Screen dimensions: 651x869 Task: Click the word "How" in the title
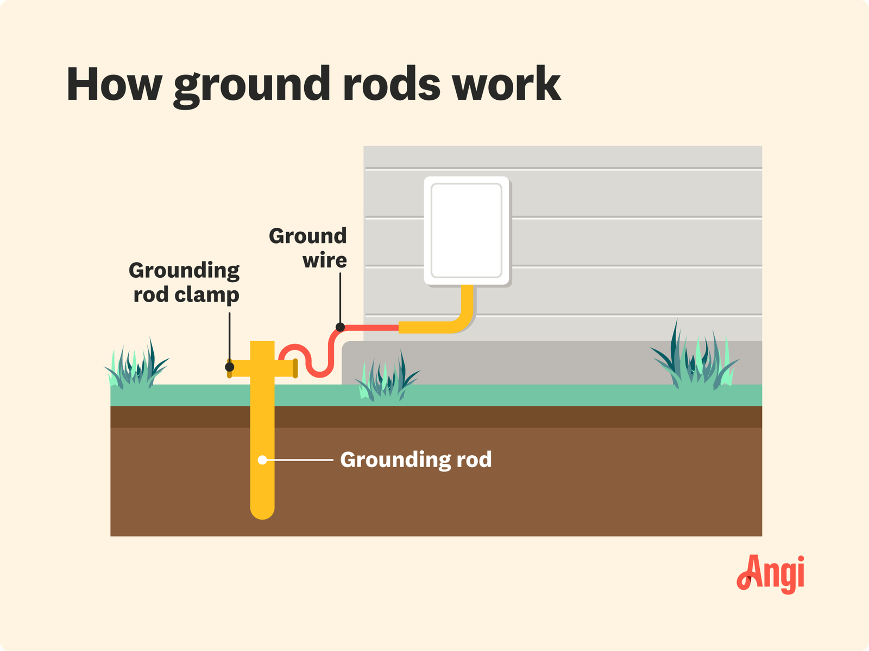pyautogui.click(x=114, y=85)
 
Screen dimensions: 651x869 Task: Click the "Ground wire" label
pyautogui.click(x=308, y=248)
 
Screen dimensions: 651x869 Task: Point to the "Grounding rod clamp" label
pyautogui.click(x=185, y=282)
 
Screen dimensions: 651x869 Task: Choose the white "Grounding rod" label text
pyautogui.click(x=416, y=460)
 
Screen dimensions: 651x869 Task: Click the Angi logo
pyautogui.click(x=771, y=573)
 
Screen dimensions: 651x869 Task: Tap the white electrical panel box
pyautogui.click(x=466, y=231)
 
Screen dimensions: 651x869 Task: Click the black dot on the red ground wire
pyautogui.click(x=340, y=327)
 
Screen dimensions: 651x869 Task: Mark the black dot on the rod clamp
pyautogui.click(x=230, y=367)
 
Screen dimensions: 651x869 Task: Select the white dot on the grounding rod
pyautogui.click(x=262, y=460)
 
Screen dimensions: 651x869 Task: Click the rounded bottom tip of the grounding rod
pyautogui.click(x=262, y=512)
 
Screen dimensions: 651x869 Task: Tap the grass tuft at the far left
pyautogui.click(x=136, y=366)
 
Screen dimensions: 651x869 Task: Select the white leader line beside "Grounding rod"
pyautogui.click(x=299, y=460)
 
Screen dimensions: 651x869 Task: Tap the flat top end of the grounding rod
pyautogui.click(x=262, y=343)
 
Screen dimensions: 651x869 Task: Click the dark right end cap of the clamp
pyautogui.click(x=295, y=368)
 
